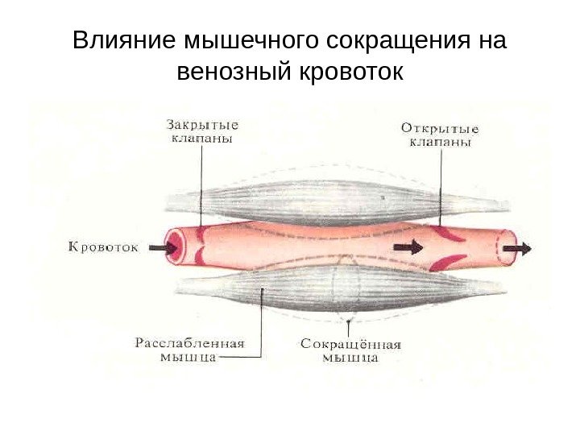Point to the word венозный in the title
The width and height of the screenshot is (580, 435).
(233, 73)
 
